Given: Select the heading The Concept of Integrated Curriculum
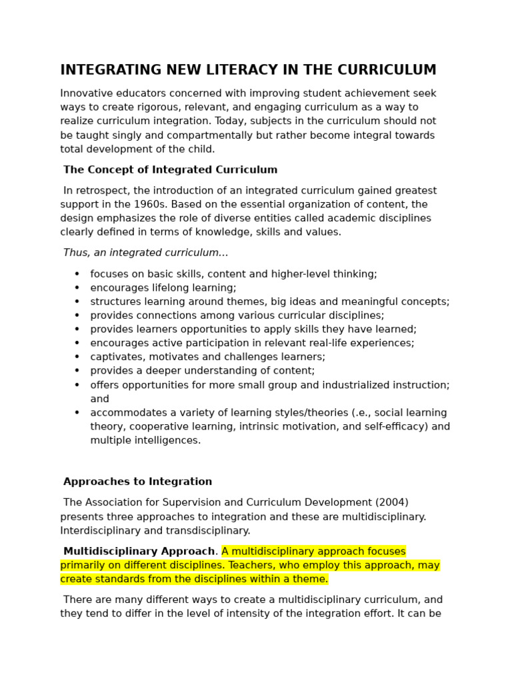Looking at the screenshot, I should point(170,170).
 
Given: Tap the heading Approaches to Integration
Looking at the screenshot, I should point(137,482).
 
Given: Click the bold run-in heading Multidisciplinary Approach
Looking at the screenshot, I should point(139,552).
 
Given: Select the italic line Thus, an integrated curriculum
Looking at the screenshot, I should point(145,253).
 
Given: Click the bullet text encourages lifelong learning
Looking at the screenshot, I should point(163,288).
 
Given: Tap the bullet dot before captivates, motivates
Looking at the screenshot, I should point(77,358).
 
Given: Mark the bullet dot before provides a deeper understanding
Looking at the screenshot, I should point(77,372).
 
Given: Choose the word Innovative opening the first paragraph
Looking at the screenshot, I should point(85,93).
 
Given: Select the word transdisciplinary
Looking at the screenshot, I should point(207,531).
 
